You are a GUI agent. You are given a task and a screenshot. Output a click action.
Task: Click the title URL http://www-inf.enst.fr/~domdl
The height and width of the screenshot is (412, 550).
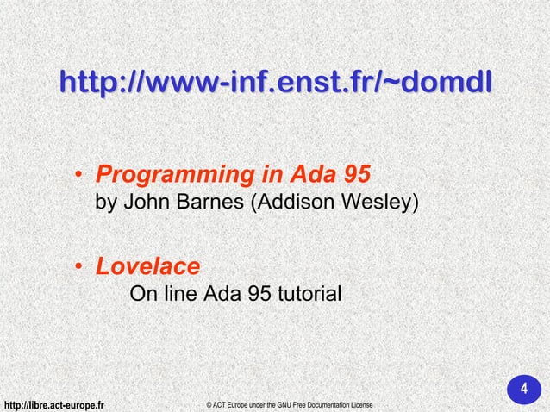tap(275, 84)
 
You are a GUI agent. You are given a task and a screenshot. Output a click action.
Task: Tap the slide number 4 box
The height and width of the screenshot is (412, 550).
tap(522, 389)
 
